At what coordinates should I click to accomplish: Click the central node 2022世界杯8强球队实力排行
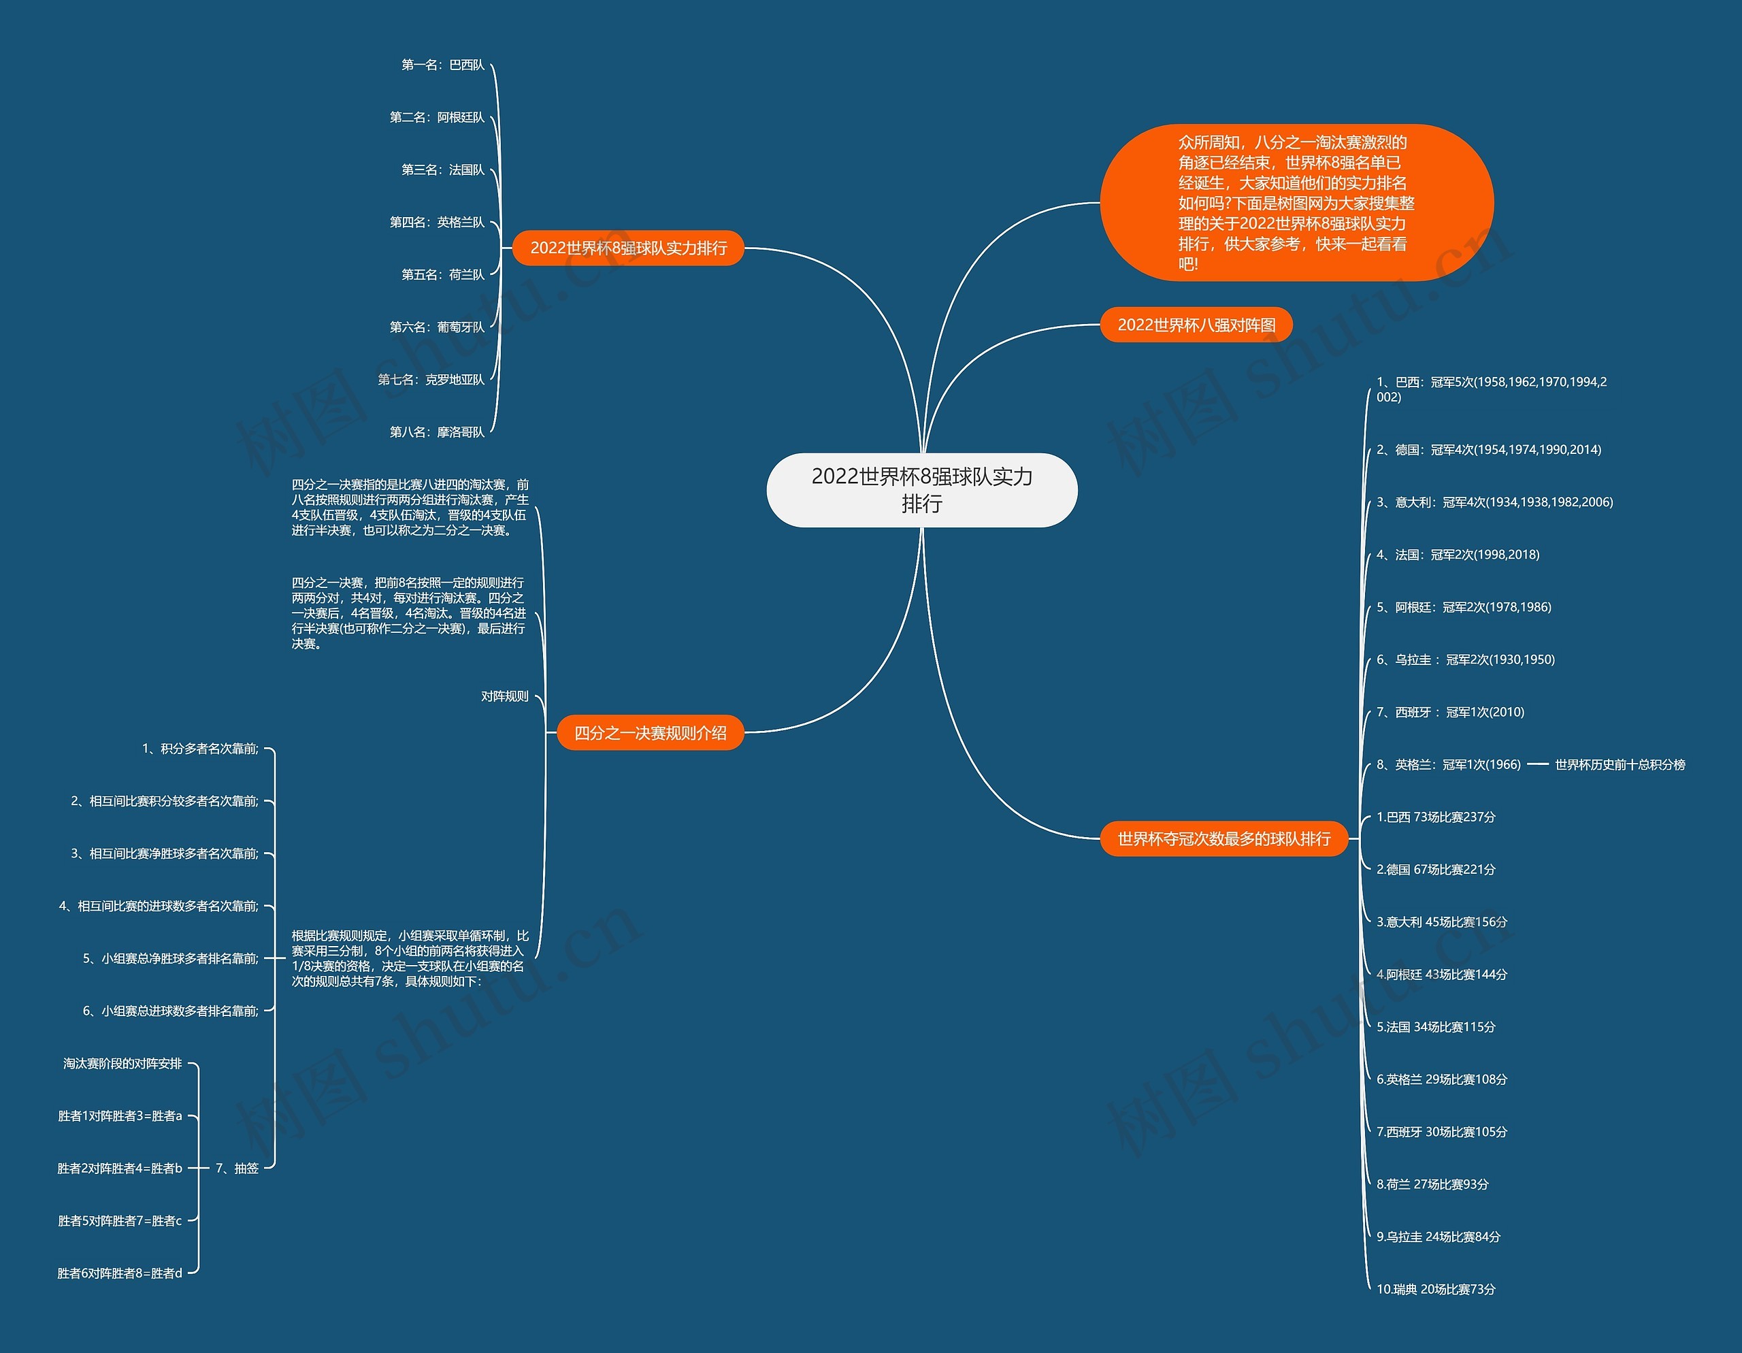(x=921, y=490)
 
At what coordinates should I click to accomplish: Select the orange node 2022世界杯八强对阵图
(x=1196, y=325)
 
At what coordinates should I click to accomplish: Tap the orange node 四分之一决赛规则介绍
(x=650, y=733)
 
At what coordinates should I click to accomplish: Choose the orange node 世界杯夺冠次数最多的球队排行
(x=1223, y=838)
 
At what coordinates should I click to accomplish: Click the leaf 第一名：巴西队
(x=443, y=65)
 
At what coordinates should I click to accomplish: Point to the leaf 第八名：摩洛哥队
(x=436, y=432)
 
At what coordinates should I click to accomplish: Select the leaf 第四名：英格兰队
(x=436, y=223)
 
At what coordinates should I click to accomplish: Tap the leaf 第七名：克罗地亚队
(x=431, y=380)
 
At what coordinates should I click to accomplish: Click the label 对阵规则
(x=504, y=696)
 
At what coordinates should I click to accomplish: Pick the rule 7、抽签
(x=237, y=1168)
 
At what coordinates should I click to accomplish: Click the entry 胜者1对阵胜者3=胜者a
(x=120, y=1116)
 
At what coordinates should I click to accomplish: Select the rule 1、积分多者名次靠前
(x=200, y=748)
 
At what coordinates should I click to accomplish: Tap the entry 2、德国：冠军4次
(x=1488, y=450)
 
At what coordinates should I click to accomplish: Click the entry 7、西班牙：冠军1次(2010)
(x=1450, y=713)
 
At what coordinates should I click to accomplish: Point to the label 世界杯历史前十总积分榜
(x=1620, y=765)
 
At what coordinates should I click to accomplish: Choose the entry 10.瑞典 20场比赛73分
(x=1436, y=1289)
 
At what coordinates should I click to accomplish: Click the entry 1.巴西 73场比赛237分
(x=1436, y=817)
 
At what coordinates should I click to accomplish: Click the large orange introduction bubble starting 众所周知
(x=1296, y=203)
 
